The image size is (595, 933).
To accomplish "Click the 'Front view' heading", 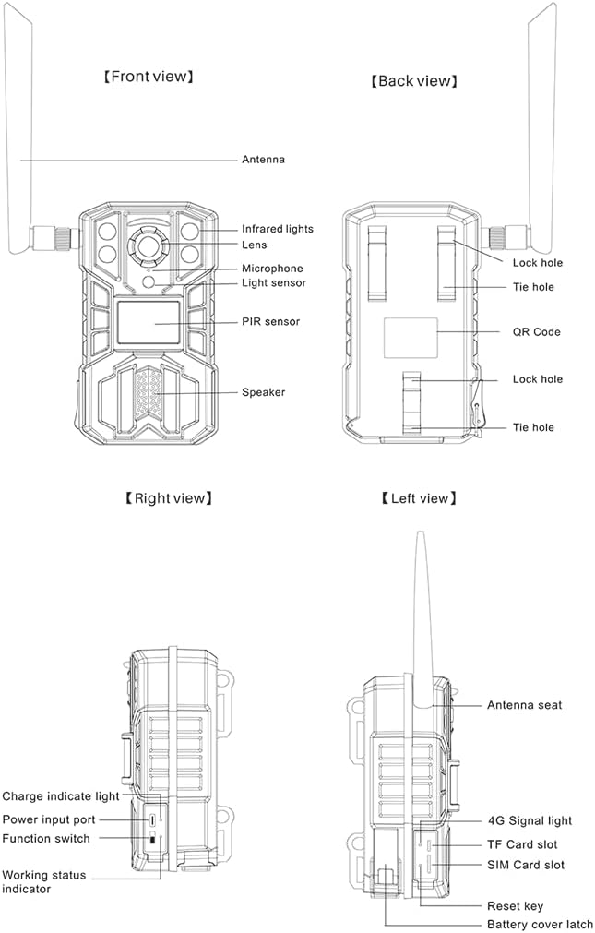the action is tap(149, 77).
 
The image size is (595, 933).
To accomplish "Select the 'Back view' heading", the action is tap(414, 81).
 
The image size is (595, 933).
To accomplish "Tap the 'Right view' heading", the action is tap(169, 498).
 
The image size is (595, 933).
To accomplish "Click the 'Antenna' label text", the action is tap(263, 160).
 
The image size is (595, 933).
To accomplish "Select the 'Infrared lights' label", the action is tap(278, 229).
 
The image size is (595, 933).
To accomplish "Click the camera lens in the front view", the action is tap(147, 244).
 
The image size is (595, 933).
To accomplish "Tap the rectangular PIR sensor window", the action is tap(149, 322).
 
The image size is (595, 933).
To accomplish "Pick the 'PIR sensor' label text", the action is tap(270, 321).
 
